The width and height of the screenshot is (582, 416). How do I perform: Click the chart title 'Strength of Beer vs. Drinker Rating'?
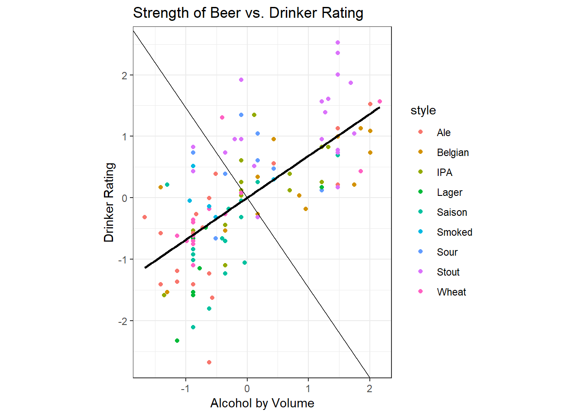(x=248, y=13)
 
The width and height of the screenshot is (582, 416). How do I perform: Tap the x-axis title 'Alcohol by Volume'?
(x=262, y=403)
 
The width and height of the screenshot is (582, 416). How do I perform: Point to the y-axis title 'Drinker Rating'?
(x=109, y=202)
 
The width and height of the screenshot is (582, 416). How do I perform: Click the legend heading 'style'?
(x=423, y=110)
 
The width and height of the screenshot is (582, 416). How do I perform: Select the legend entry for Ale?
(x=443, y=133)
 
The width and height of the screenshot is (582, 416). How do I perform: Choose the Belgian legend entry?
(x=453, y=153)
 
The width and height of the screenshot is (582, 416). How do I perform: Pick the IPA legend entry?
(x=444, y=172)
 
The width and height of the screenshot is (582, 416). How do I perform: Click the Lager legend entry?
(x=449, y=192)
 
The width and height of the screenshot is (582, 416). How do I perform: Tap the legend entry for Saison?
(x=452, y=212)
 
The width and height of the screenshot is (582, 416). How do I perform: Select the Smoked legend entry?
(x=454, y=232)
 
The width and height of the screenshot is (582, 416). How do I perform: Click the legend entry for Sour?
(x=447, y=252)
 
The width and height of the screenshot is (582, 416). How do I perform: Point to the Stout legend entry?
(x=448, y=272)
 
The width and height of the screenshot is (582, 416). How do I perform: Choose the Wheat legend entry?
(x=451, y=292)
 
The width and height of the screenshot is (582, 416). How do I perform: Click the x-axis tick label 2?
(x=369, y=389)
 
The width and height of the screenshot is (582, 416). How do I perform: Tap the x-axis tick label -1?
(x=185, y=389)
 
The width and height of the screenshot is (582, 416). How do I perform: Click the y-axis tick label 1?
(x=125, y=136)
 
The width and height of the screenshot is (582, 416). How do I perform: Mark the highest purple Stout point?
(x=338, y=42)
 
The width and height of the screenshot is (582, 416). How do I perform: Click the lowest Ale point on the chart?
(x=209, y=362)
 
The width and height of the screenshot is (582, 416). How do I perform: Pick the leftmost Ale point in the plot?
(x=145, y=217)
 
